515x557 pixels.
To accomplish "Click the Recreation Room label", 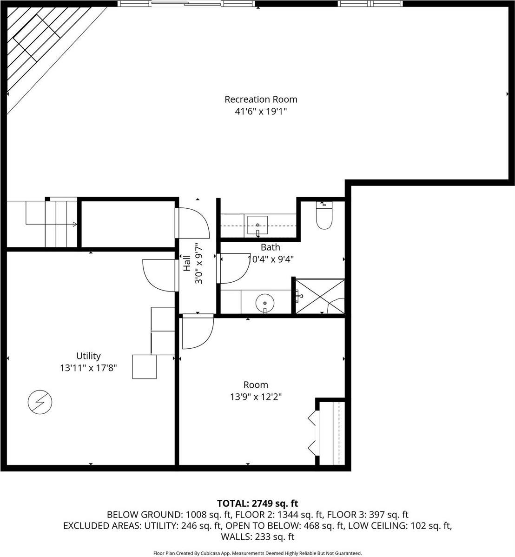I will [261, 99].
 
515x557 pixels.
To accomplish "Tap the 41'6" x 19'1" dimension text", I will [261, 112].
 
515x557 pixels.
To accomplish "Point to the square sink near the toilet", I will [257, 225].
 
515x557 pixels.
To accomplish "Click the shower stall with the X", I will [320, 296].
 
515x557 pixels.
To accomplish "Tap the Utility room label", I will [88, 356].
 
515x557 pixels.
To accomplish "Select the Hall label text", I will [186, 263].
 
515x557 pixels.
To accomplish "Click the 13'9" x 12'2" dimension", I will [256, 397].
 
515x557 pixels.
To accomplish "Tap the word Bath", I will [270, 247].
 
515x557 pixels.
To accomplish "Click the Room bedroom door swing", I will [198, 332].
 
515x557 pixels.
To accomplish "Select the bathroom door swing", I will [234, 269].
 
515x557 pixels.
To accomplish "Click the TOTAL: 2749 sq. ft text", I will [257, 503].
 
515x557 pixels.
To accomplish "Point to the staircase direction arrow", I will [74, 225].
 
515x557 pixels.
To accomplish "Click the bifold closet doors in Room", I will [312, 432].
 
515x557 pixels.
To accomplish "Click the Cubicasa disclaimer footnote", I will [257, 553].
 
